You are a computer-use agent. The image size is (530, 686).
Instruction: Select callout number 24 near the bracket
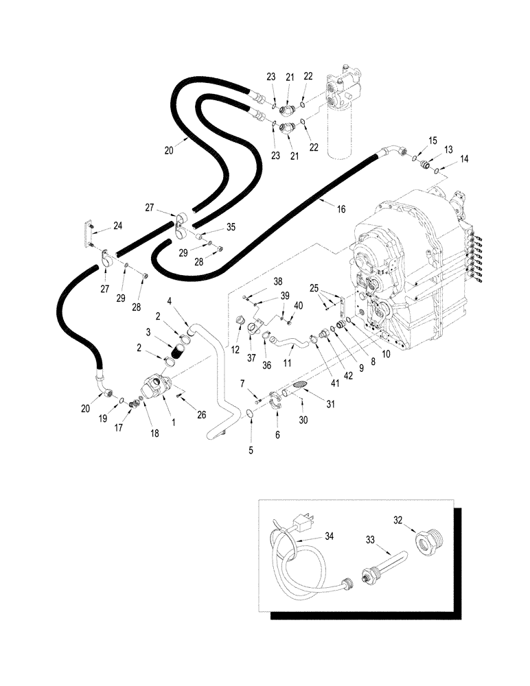pos(118,225)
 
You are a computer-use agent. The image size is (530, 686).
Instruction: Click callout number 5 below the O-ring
pos(251,450)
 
